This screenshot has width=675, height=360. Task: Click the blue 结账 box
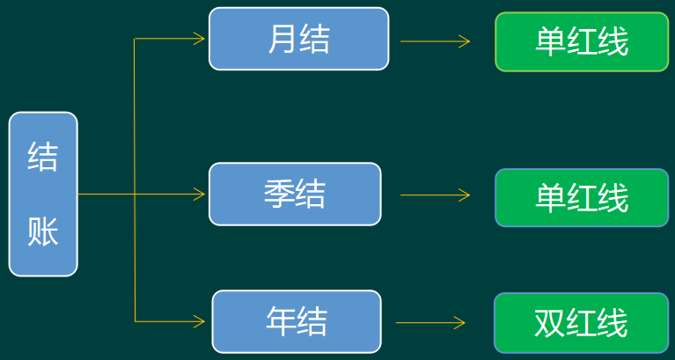click(x=43, y=195)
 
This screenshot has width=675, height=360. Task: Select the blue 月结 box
click(x=298, y=39)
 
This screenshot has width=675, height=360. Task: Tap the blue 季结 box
click(x=295, y=194)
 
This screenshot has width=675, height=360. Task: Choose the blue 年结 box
click(x=297, y=321)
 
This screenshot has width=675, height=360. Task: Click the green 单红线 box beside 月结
click(x=582, y=41)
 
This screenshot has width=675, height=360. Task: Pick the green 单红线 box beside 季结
click(x=582, y=197)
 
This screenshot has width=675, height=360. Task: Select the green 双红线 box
click(x=581, y=323)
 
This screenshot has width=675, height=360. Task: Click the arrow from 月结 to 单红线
click(x=435, y=40)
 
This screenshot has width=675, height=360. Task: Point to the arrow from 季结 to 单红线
click(x=435, y=195)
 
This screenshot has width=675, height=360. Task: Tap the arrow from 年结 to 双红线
click(x=432, y=322)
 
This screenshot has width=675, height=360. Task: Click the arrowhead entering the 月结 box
click(x=200, y=39)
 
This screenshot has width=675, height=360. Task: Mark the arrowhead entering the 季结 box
click(x=200, y=194)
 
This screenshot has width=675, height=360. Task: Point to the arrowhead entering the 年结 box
click(x=202, y=320)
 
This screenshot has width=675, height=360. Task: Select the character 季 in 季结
click(x=279, y=194)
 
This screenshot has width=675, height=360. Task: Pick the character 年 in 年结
click(x=281, y=321)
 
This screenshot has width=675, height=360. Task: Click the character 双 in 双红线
click(x=549, y=323)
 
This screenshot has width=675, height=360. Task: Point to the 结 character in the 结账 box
click(x=43, y=158)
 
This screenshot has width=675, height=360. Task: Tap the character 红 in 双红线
click(x=581, y=323)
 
